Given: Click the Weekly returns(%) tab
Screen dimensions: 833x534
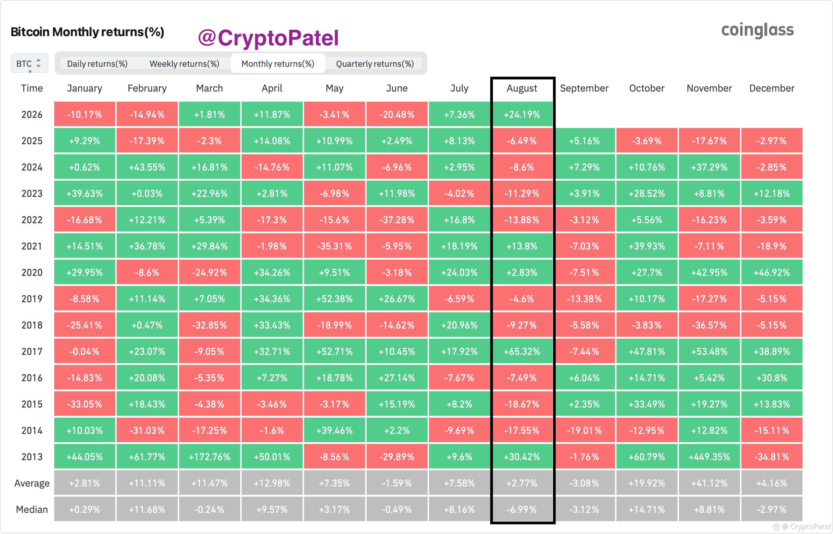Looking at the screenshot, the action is [x=184, y=64].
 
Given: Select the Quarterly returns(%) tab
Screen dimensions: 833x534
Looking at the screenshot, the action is [x=375, y=64].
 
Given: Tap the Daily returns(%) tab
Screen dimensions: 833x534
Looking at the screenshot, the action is [x=97, y=64].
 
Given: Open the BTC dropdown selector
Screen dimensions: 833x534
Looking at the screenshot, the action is [x=29, y=63].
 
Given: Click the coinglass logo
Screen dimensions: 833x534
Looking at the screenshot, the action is [x=757, y=30].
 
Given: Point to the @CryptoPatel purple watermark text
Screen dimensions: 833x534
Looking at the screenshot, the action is [x=268, y=38].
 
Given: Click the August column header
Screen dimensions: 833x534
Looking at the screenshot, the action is [x=522, y=88].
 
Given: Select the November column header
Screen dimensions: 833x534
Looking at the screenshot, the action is [x=709, y=88].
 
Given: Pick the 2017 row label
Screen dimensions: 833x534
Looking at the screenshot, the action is [x=32, y=352].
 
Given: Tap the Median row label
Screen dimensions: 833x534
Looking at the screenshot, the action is [x=32, y=510].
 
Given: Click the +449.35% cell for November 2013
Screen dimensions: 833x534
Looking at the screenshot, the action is [x=709, y=457].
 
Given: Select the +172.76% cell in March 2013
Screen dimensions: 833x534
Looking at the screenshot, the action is [x=209, y=457].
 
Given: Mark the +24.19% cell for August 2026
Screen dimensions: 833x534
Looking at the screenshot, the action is [x=522, y=115].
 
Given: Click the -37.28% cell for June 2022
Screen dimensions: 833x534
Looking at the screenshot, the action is [x=397, y=220].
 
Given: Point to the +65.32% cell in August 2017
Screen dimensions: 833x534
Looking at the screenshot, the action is [x=522, y=352].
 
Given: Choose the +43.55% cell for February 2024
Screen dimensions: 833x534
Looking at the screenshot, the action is [x=147, y=167].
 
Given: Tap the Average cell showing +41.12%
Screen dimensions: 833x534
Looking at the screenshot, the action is [x=709, y=483].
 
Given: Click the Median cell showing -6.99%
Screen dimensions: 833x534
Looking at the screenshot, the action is [x=522, y=510].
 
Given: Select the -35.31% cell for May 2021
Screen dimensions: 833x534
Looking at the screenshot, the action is [x=334, y=246].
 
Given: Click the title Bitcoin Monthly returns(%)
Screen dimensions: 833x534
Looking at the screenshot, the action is [x=87, y=32].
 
